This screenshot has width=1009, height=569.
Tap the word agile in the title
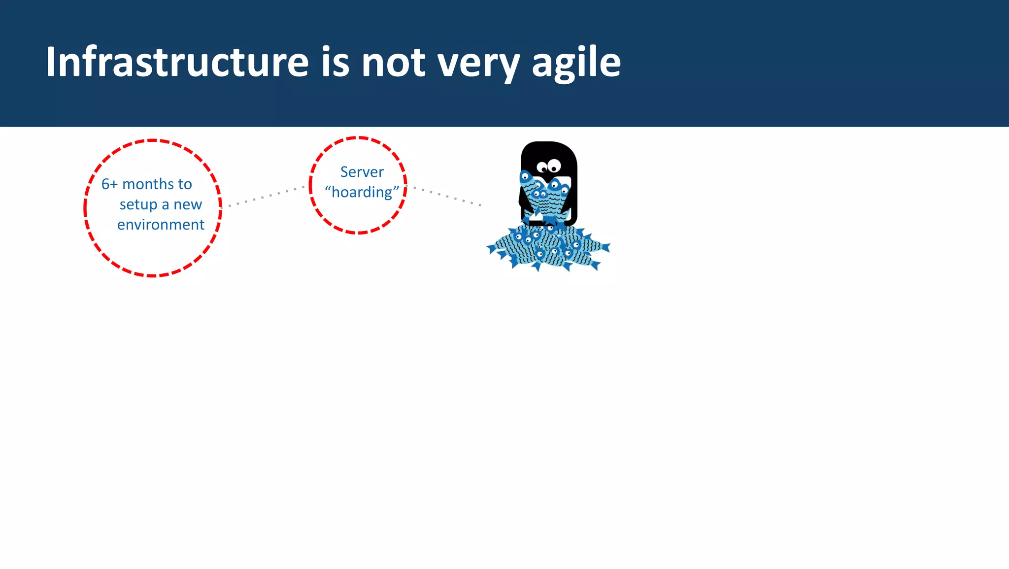[x=576, y=63]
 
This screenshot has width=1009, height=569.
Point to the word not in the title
[x=393, y=63]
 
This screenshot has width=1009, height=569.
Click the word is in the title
[x=335, y=62]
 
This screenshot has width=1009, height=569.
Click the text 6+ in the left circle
[x=109, y=184]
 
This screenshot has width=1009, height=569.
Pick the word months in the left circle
[x=147, y=184]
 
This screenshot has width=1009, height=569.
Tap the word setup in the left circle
[x=138, y=205]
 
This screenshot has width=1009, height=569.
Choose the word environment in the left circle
[x=161, y=225]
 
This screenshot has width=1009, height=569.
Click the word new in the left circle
[x=188, y=204]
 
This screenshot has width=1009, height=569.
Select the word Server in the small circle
[x=362, y=172]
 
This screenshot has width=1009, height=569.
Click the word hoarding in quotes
[x=362, y=192]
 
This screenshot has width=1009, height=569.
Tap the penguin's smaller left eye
[x=542, y=168]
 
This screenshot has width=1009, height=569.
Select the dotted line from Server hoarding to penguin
[x=446, y=196]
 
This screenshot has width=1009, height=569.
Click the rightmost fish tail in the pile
[x=605, y=247]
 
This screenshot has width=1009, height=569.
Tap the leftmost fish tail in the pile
[x=492, y=248]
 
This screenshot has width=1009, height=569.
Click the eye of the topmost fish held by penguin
[x=525, y=176]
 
